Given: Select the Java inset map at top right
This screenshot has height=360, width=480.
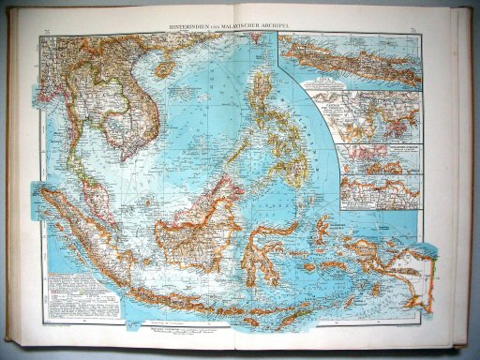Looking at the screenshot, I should (x=357, y=59).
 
